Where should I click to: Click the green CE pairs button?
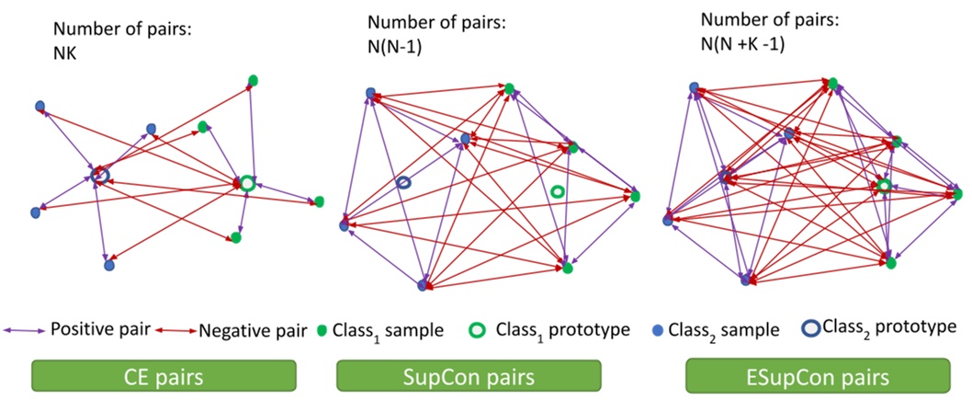click(164, 376)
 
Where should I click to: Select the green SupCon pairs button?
click(469, 376)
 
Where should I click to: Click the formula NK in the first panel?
click(64, 54)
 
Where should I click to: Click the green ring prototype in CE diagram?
click(246, 183)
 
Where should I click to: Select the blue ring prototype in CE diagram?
click(101, 175)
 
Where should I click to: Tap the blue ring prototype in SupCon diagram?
click(403, 184)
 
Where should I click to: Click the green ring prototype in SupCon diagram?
click(557, 191)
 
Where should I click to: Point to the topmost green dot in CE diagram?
click(253, 80)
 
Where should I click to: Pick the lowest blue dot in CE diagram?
click(108, 265)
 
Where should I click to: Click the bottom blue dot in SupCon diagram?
click(423, 286)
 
